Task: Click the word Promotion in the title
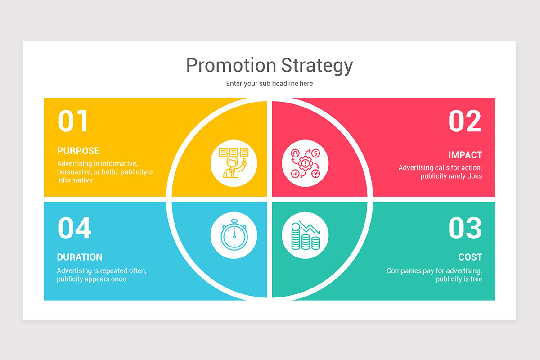[x=231, y=65]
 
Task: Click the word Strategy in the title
[x=317, y=66]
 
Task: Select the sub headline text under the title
[x=270, y=84]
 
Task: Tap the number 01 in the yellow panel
[x=73, y=121]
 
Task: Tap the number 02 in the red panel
[x=465, y=121]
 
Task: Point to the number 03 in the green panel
[x=465, y=228]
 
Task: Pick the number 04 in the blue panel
[x=74, y=228]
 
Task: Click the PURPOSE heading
[x=78, y=151]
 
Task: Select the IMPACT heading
[x=465, y=155]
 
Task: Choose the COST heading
[x=470, y=257]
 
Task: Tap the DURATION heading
[x=80, y=257]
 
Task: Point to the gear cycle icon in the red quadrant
[x=305, y=163]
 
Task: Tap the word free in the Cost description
[x=476, y=279]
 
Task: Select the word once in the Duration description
[x=117, y=279]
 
